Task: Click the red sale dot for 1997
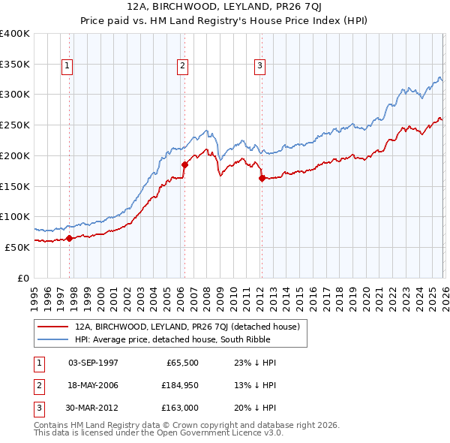[x=69, y=238]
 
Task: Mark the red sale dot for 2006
[x=184, y=164]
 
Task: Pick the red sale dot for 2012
[x=262, y=178]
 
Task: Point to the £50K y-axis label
[x=17, y=247]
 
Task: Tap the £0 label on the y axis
[x=22, y=278]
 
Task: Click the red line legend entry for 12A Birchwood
[x=187, y=327]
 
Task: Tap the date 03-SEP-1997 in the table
[x=93, y=362]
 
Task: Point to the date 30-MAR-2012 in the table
[x=93, y=408]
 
